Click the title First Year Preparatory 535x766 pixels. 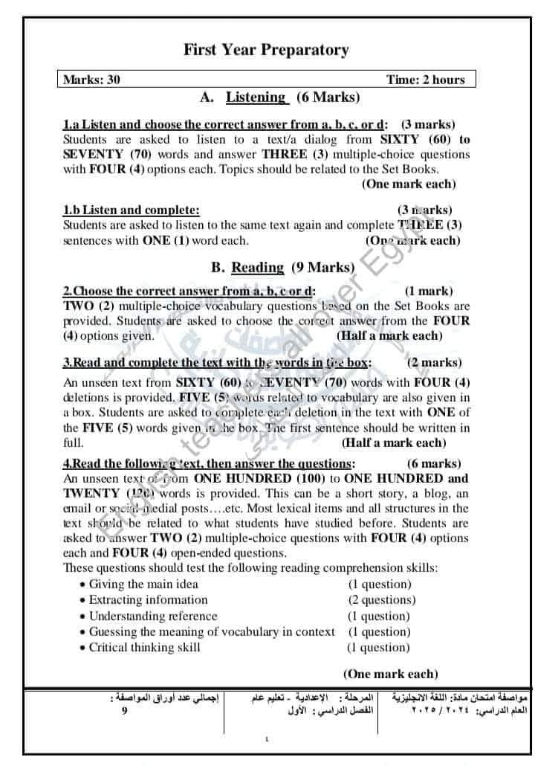266,51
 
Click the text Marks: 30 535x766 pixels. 91,80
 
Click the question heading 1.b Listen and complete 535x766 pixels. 132,210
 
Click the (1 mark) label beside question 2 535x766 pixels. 428,292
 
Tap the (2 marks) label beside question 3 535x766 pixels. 434,363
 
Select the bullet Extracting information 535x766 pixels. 148,600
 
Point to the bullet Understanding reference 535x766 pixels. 153,616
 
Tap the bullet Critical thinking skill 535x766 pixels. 144,647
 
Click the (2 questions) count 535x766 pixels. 382,600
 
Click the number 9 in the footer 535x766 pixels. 124,711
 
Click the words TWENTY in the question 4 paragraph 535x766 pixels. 91,493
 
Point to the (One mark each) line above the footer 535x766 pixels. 390,675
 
